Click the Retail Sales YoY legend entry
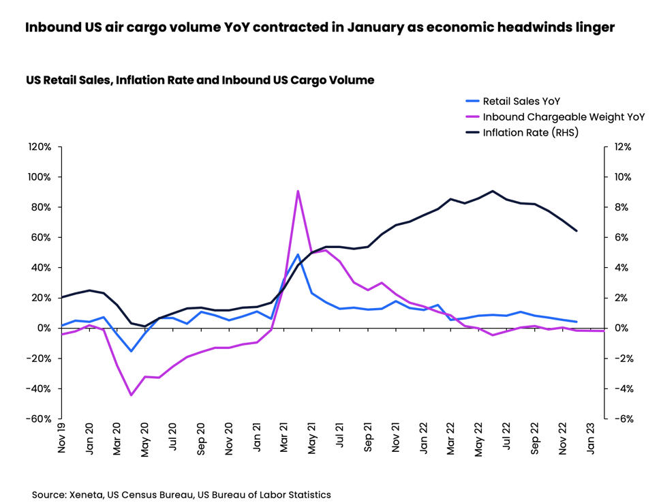(x=521, y=102)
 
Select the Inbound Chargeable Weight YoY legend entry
(x=563, y=117)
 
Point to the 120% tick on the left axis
(x=40, y=147)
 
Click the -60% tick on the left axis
(x=38, y=418)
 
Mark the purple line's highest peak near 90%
(x=298, y=192)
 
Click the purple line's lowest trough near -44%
(x=131, y=395)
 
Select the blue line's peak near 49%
(x=298, y=254)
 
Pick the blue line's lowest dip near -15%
(x=131, y=351)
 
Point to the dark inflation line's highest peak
(x=493, y=191)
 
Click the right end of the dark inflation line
(x=577, y=230)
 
